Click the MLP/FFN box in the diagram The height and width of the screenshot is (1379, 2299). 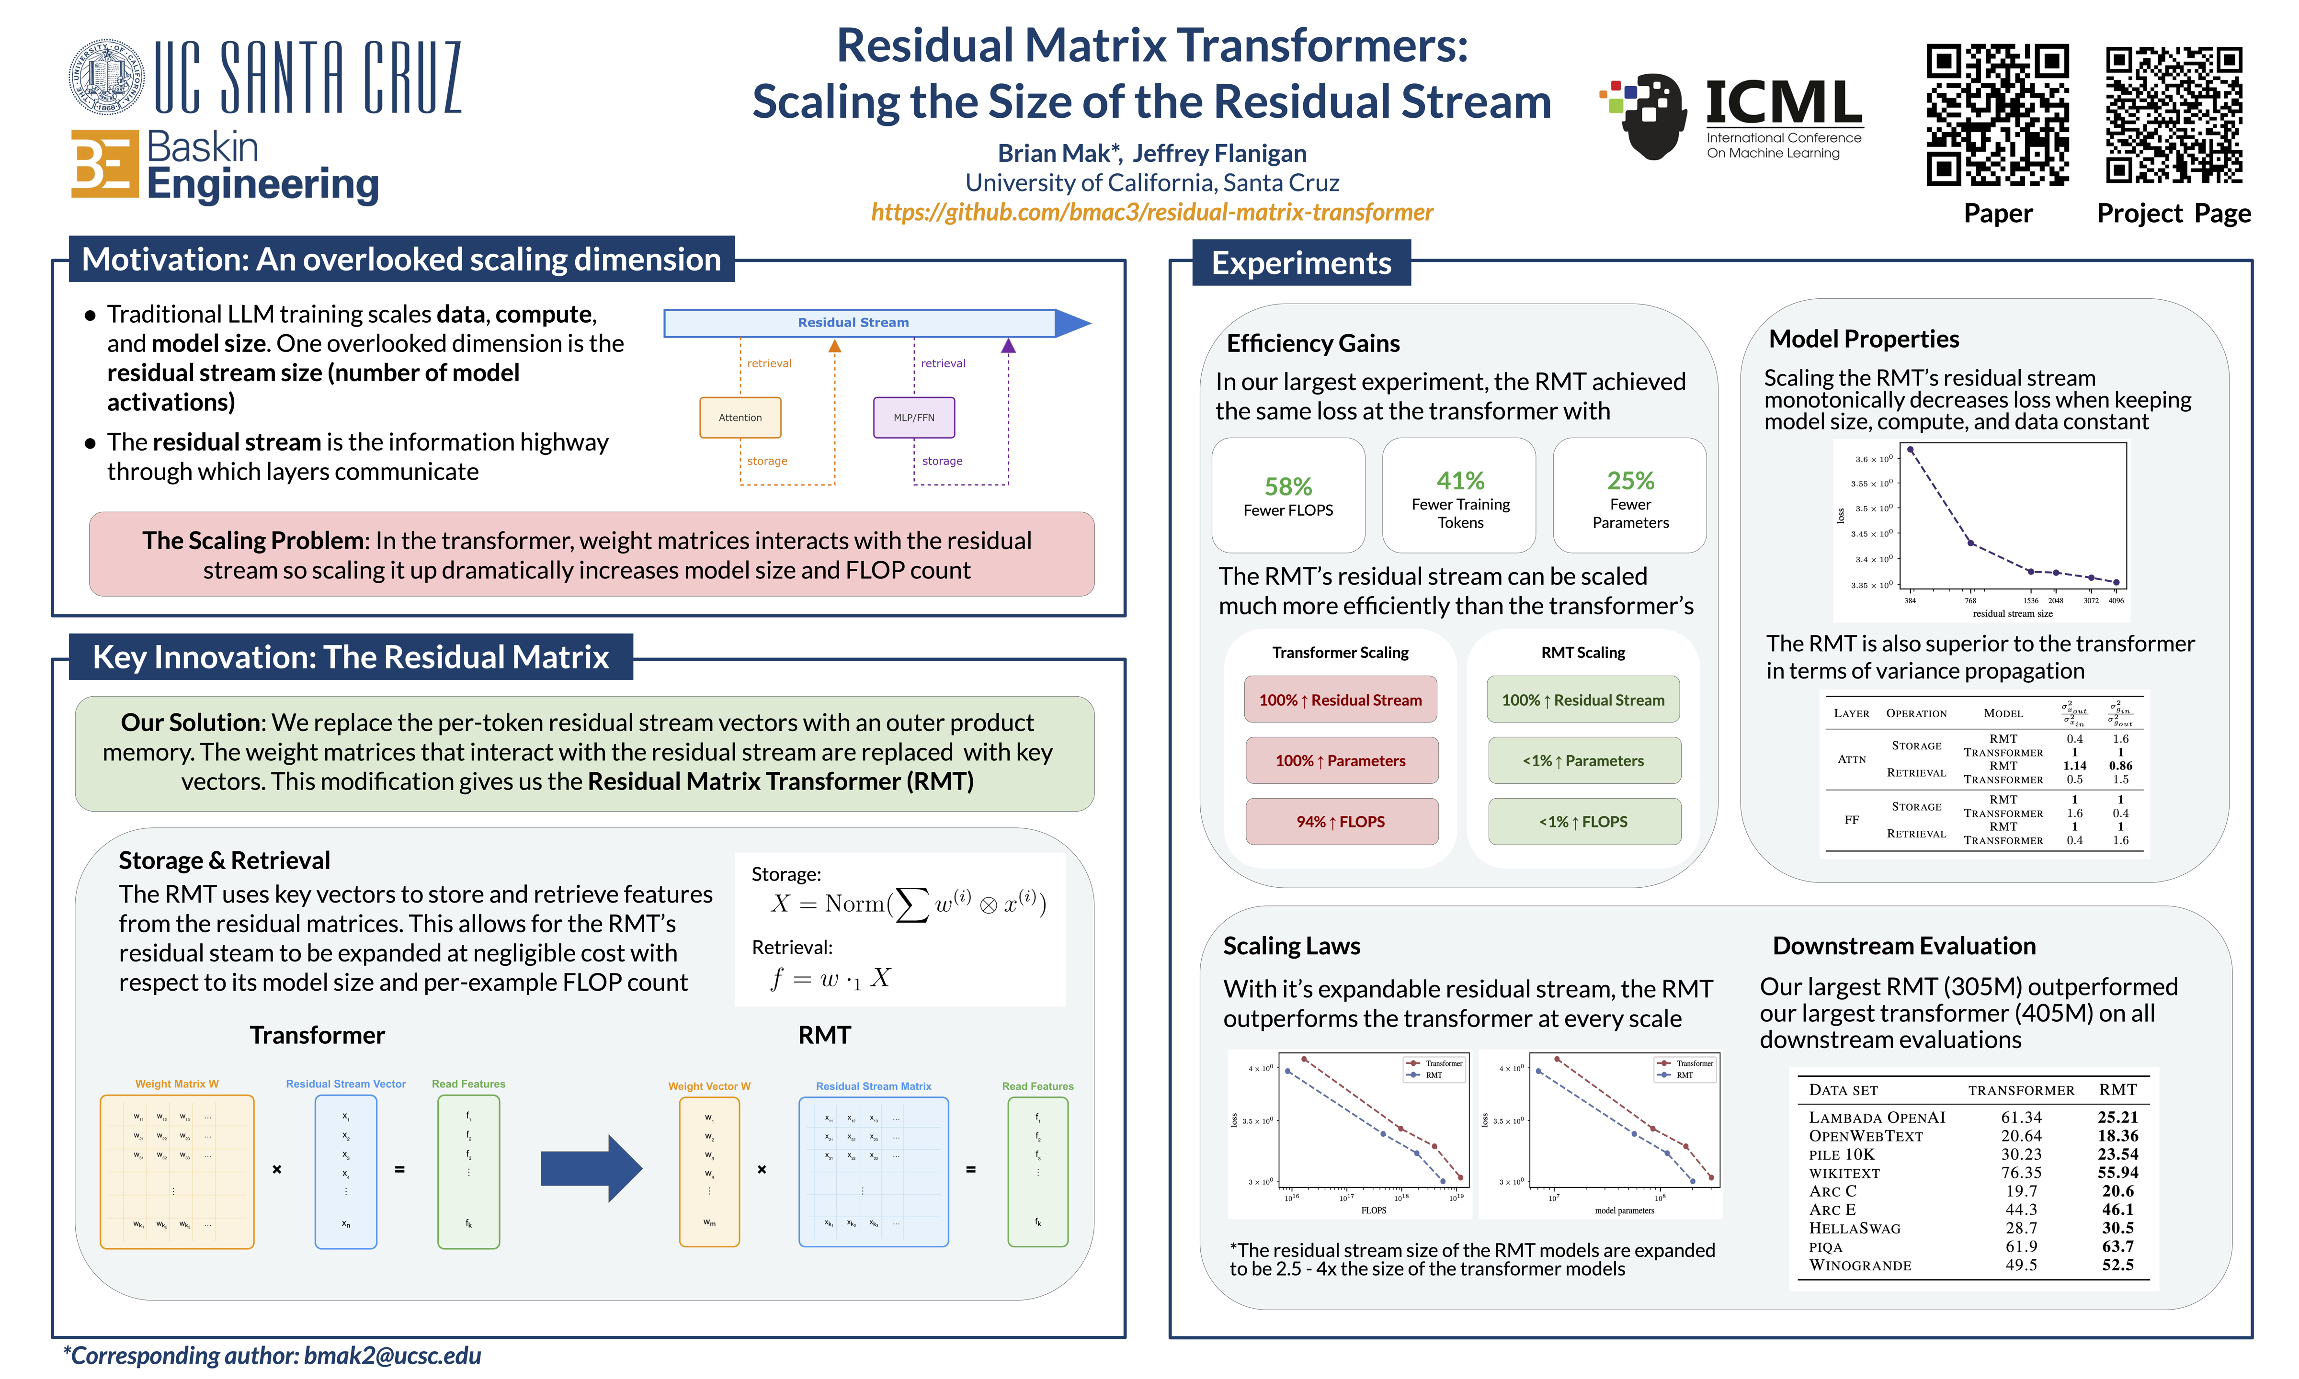click(x=913, y=417)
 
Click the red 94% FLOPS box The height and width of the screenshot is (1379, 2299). click(x=1341, y=822)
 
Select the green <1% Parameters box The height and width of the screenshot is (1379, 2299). click(x=1583, y=760)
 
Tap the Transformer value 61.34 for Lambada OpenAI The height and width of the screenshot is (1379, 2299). click(x=2021, y=1117)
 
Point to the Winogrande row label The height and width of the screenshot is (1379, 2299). click(x=1859, y=1266)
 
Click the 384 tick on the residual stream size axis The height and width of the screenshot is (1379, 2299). click(x=1910, y=600)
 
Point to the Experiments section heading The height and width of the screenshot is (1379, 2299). click(x=1301, y=263)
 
